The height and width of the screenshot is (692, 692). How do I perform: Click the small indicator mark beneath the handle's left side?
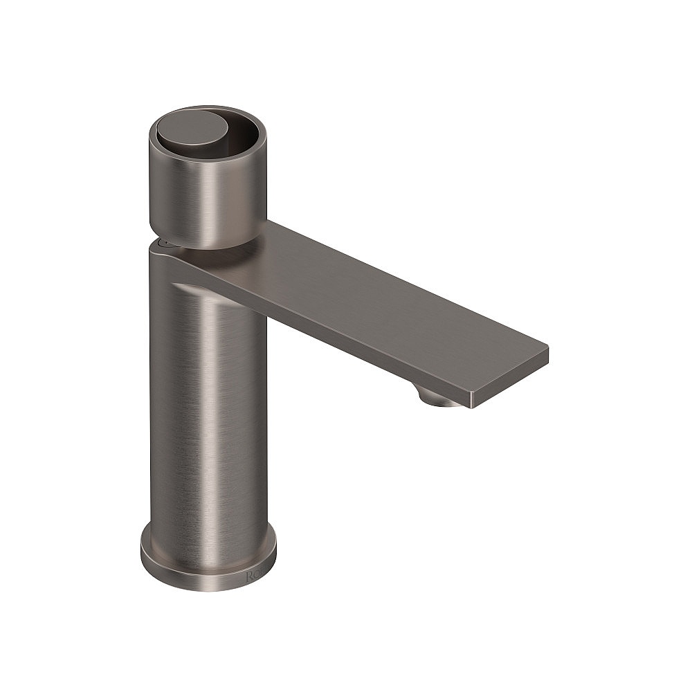coord(165,243)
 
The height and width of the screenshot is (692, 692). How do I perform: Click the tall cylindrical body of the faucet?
coord(208,401)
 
